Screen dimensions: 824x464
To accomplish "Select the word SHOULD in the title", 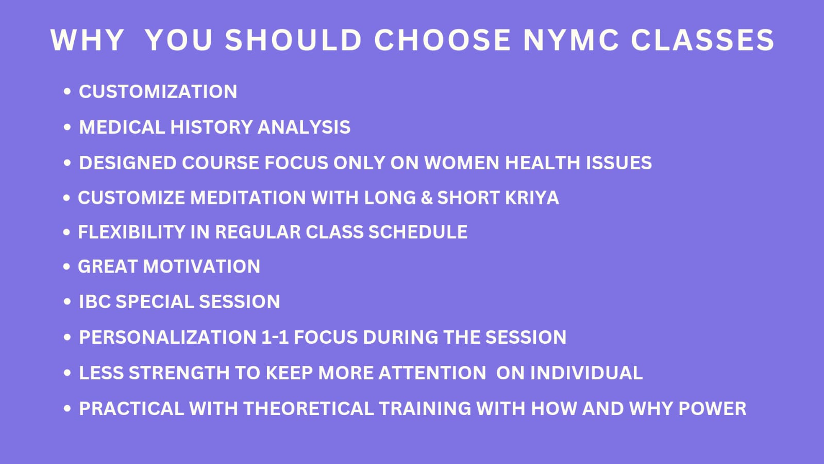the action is (293, 40).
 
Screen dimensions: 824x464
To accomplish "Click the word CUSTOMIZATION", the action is (158, 91).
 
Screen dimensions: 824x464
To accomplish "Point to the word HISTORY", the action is (211, 127).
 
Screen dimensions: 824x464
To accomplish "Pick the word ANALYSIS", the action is (304, 127).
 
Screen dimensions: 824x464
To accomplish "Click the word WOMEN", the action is (462, 163).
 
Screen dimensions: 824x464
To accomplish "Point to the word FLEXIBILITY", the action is (131, 232).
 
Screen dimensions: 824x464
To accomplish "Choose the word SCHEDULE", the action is (418, 232).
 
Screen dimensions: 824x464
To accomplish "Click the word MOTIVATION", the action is (201, 266).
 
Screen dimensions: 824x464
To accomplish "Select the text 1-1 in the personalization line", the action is (275, 337).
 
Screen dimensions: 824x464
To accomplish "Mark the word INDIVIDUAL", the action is (586, 373).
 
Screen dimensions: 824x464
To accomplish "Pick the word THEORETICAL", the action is (309, 409).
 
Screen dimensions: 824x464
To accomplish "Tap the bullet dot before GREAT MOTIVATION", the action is (66, 266).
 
